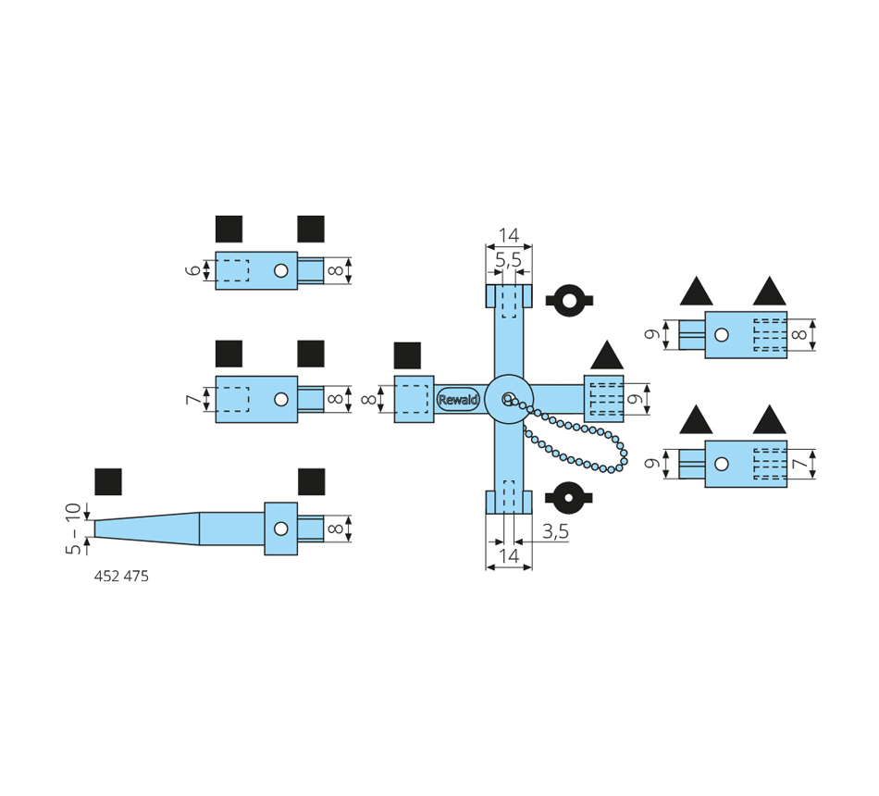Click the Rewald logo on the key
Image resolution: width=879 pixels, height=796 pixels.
click(458, 400)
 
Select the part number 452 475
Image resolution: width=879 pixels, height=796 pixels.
click(121, 577)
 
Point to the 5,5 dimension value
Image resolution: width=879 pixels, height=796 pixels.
click(508, 261)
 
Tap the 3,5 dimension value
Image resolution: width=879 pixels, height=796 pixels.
click(555, 531)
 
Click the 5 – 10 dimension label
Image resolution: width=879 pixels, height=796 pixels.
click(74, 529)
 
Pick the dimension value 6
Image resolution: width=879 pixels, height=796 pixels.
click(192, 270)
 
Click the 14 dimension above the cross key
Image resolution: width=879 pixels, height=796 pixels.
click(509, 235)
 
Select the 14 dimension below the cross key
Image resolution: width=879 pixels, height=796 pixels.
click(509, 556)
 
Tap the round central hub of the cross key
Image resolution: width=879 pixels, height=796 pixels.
click(509, 399)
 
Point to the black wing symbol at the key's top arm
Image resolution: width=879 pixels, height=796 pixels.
click(569, 300)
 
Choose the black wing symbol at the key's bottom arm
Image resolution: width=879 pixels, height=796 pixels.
click(569, 498)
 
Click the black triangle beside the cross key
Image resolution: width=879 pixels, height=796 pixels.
click(607, 355)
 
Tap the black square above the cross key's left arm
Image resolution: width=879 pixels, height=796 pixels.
click(407, 355)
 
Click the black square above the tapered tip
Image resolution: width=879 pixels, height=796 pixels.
click(108, 481)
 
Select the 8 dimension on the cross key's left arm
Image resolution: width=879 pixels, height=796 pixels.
click(368, 400)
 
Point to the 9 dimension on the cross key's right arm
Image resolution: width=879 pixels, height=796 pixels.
click(634, 399)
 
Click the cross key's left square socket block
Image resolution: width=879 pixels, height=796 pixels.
click(414, 399)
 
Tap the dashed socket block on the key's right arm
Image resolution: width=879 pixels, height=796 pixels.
click(603, 399)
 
